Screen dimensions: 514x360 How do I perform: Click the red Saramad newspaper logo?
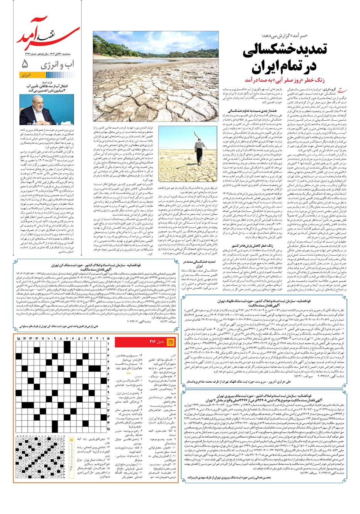point(46,33)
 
